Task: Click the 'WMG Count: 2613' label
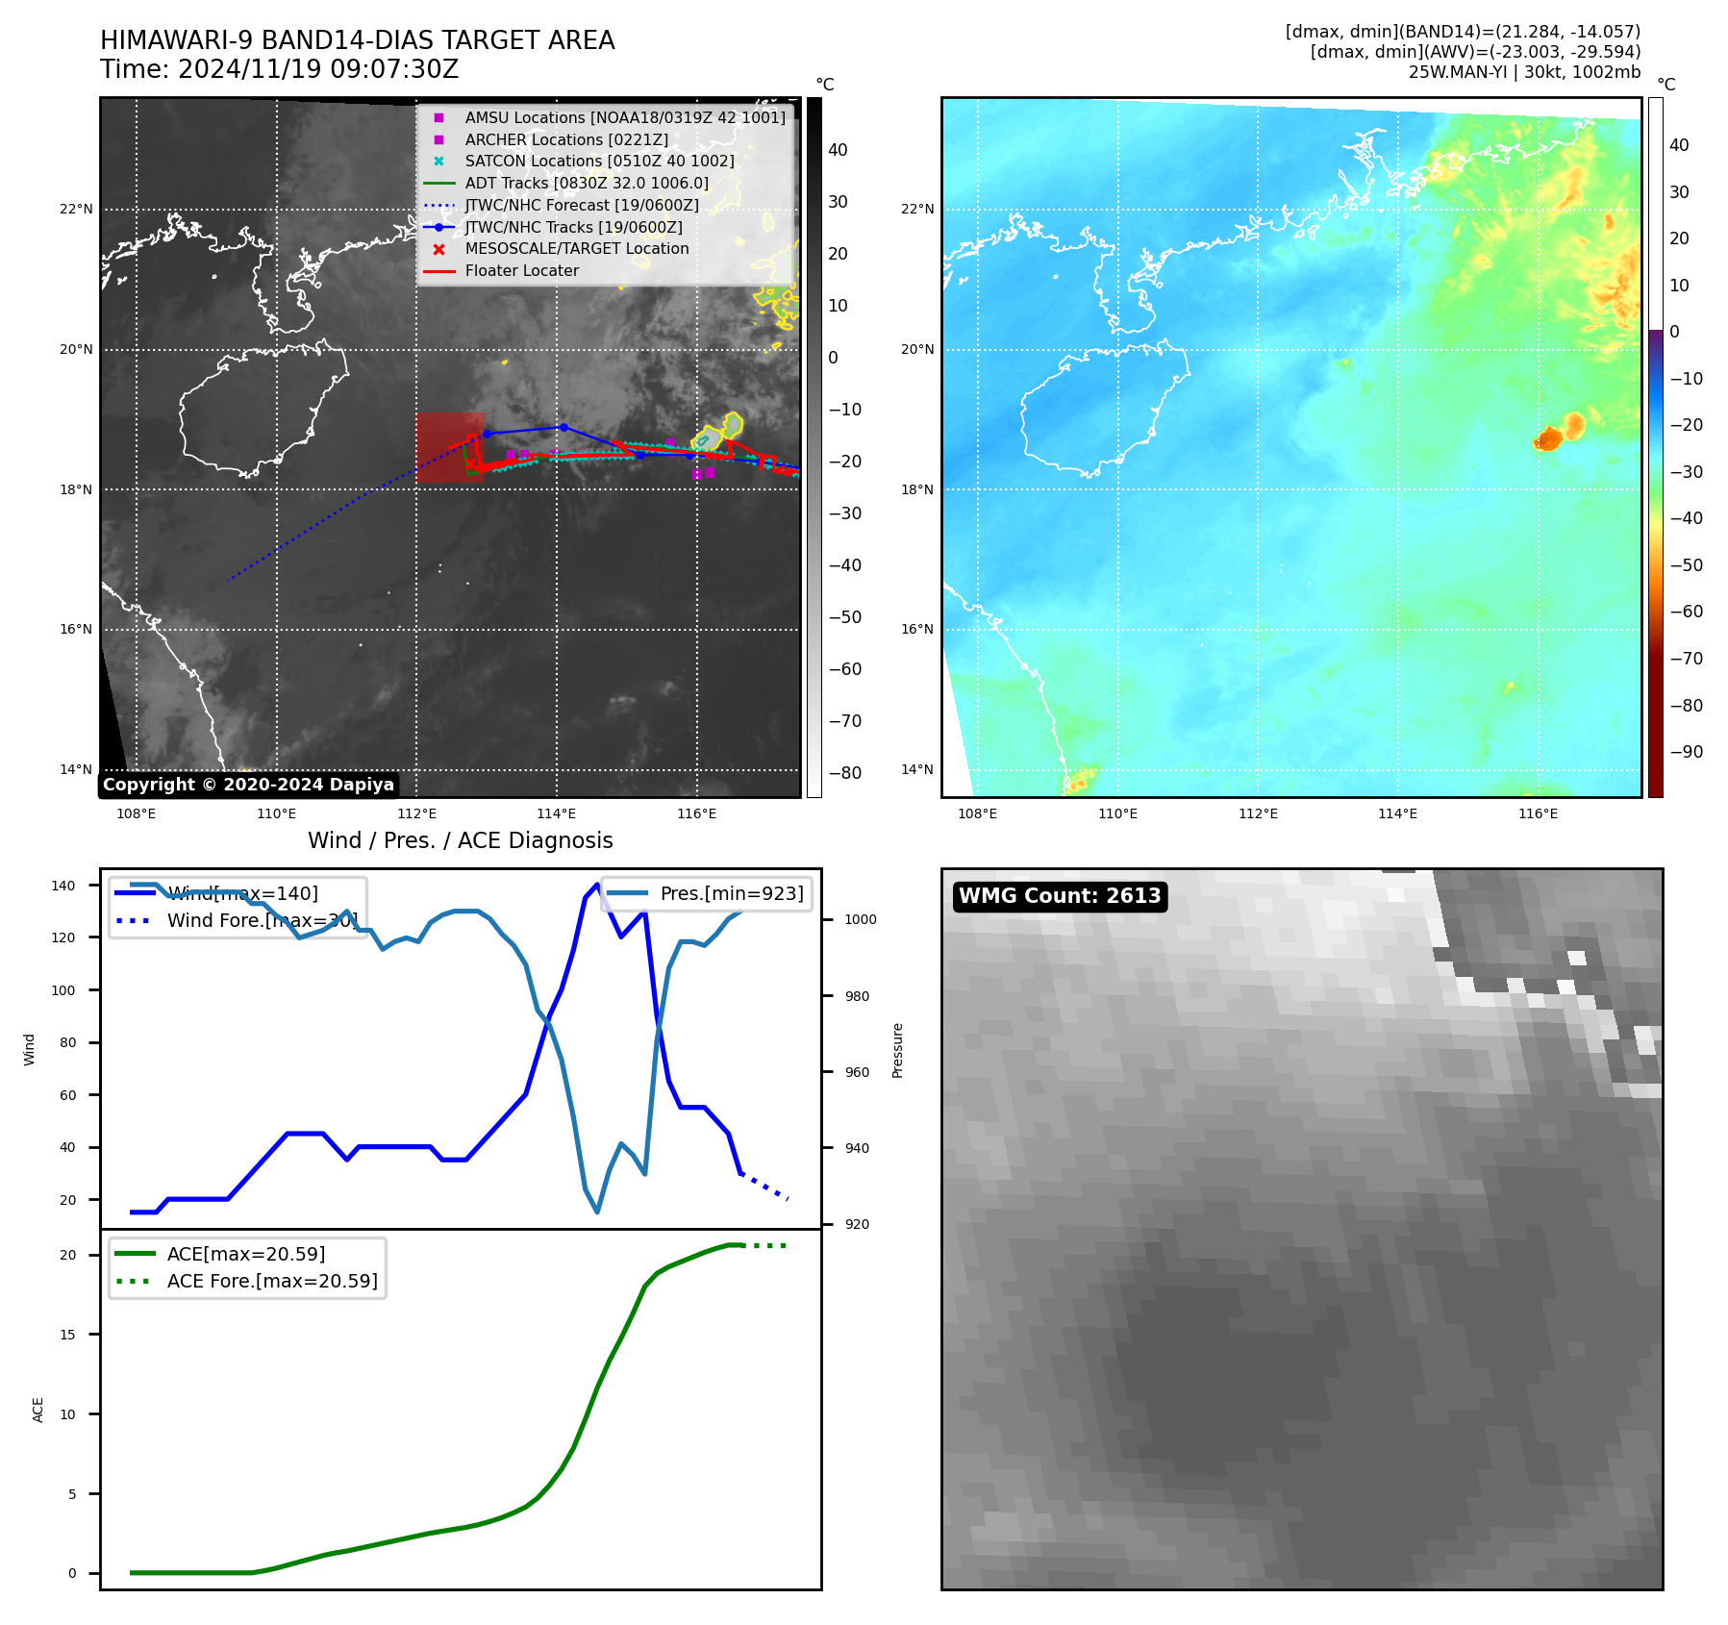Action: [1060, 896]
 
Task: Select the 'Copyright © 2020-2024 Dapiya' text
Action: [248, 785]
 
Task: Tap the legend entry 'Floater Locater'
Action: [521, 271]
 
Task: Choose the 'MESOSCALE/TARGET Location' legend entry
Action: [577, 249]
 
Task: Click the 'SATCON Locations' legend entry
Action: [599, 162]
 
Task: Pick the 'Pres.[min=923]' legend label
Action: [731, 893]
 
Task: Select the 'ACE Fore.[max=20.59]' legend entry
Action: [272, 1281]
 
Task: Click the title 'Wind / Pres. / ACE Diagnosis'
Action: [460, 840]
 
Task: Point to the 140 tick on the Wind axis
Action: [63, 886]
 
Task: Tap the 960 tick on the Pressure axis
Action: [857, 1072]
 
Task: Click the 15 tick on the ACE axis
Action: [68, 1335]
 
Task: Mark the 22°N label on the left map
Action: [76, 210]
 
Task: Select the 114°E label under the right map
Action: [1397, 813]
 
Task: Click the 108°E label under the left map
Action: [137, 813]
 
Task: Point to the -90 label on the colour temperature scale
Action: [1686, 752]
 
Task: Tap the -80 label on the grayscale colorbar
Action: [844, 773]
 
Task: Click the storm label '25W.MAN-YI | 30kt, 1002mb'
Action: [1524, 72]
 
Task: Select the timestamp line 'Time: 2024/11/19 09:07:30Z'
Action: [279, 70]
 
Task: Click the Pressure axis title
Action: [897, 1050]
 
